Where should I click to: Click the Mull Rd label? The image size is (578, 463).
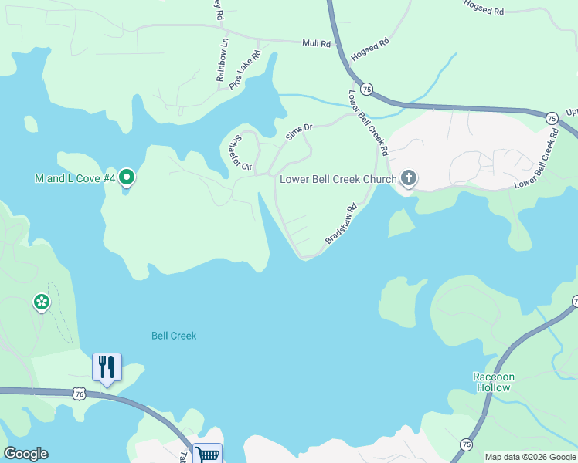317,44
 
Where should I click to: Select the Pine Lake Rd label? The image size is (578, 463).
245,70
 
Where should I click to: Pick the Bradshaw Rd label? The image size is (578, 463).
341,225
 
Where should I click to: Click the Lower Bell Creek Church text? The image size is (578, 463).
338,179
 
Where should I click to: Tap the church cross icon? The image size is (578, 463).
409,179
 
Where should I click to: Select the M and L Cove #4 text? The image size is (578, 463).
75,178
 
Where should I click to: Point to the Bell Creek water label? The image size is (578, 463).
174,336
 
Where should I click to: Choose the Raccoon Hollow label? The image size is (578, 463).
493,382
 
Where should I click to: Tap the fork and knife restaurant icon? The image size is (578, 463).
107,366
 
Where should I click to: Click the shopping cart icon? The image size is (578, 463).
206,455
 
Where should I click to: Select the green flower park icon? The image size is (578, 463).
41,302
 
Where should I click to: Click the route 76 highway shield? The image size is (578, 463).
79,394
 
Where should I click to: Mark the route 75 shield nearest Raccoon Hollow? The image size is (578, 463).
466,444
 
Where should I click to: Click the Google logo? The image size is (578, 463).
25,454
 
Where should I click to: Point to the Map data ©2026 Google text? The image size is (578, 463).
529,457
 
